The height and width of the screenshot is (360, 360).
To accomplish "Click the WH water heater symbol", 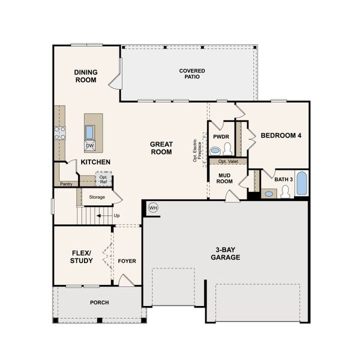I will (153, 208).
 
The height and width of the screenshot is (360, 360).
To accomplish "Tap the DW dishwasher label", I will (89, 145).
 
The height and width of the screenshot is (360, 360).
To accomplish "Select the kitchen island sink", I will (89, 131).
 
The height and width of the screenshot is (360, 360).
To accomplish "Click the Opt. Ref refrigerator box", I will (103, 178).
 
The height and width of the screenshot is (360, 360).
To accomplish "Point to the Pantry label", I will (66, 184).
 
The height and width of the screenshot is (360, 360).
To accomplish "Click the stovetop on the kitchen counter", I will (59, 133).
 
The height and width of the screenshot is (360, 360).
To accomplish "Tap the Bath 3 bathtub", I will (301, 184).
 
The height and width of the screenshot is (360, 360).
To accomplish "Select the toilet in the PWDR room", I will (227, 148).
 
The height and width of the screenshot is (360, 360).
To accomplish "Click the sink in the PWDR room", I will (215, 151).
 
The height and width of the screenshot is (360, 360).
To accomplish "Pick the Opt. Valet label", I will (227, 161).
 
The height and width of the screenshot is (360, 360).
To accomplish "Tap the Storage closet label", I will (97, 197).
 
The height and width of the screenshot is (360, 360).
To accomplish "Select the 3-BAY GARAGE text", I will (225, 253).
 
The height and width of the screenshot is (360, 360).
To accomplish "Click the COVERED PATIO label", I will (191, 74).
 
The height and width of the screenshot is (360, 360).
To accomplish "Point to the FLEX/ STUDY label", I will (81, 257).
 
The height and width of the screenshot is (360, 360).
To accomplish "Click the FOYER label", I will (127, 261).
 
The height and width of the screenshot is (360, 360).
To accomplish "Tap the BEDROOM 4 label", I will (280, 136).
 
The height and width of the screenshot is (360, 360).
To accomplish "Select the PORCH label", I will (99, 302).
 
